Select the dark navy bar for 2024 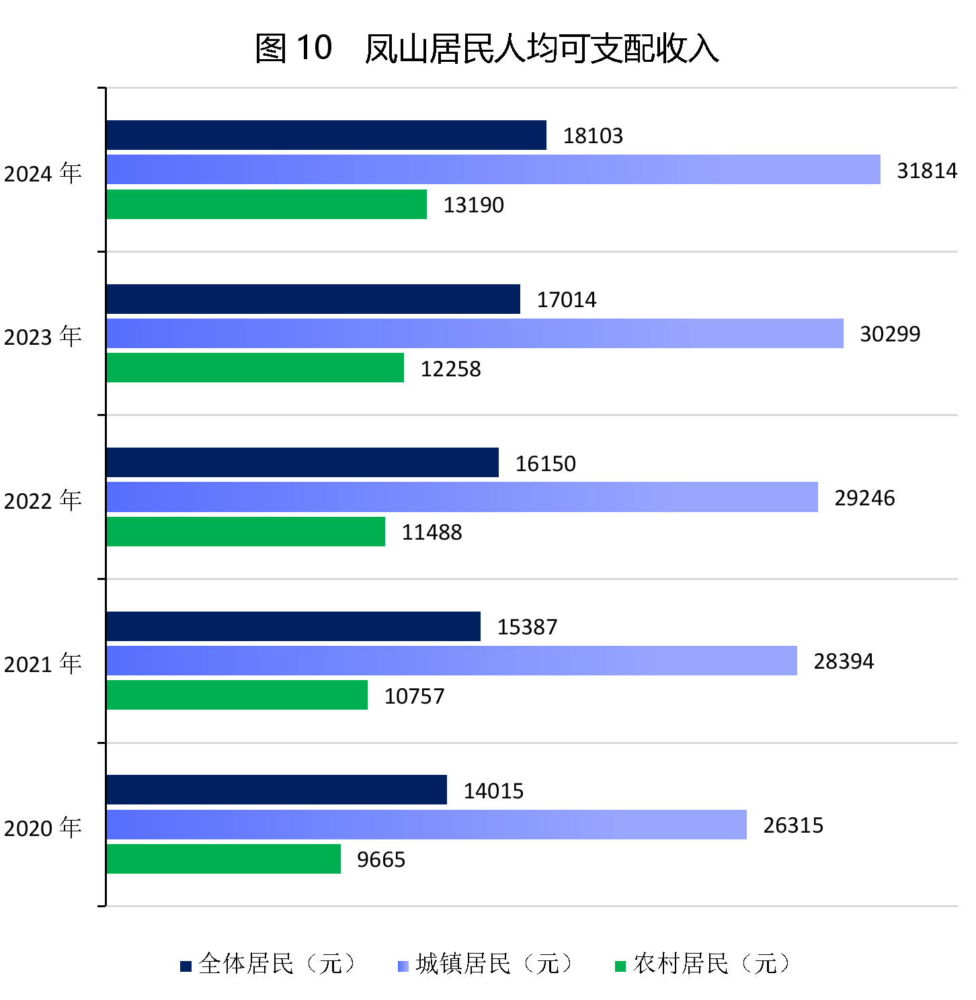point(326,135)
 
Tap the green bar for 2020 point(223,859)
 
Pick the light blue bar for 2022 point(462,497)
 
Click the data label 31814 point(927,171)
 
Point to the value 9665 point(381,860)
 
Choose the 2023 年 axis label point(43,336)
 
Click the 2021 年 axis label point(43,664)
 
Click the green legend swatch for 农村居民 point(620,966)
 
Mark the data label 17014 point(566,300)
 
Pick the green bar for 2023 point(255,368)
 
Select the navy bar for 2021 point(293,626)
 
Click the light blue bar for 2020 point(426,825)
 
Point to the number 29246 point(864,498)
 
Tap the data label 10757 point(414,696)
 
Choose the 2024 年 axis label point(43,173)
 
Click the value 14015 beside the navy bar point(493,791)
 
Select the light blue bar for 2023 point(475,333)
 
